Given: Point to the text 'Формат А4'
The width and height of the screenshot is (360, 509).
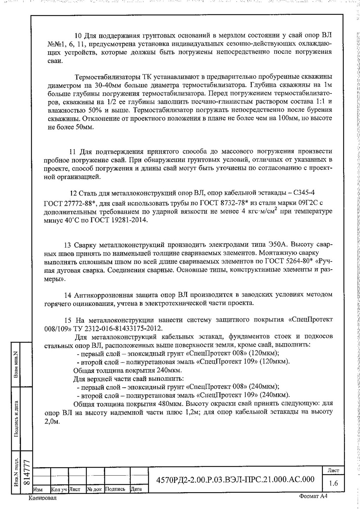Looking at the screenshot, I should tap(313, 496).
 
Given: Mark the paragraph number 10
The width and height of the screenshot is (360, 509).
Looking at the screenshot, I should tap(78, 36).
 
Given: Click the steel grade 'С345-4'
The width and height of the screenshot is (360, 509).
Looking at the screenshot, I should tap(303, 193).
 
